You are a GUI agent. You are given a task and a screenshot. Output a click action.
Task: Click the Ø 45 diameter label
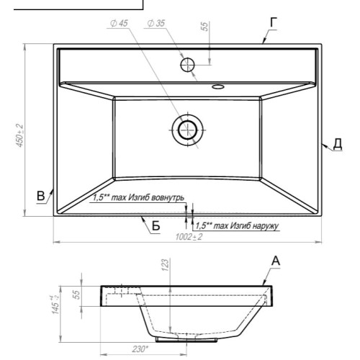tap(119, 23)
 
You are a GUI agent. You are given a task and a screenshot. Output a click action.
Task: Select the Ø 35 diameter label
tap(156, 23)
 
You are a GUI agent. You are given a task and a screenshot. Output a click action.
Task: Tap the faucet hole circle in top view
tap(187, 65)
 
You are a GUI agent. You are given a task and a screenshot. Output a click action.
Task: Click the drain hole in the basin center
tap(187, 130)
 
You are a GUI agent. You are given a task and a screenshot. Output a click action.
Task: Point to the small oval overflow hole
tap(218, 86)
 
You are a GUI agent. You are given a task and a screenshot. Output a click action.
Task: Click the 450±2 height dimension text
tap(19, 135)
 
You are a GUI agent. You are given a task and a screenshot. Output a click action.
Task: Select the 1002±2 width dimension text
tap(189, 237)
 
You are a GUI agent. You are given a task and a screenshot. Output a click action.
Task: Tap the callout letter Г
tap(274, 22)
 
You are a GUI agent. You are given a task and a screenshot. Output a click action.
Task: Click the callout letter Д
tap(338, 144)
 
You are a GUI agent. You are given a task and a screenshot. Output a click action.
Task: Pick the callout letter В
tap(41, 196)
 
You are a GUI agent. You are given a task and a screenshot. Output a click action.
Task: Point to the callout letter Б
tap(156, 225)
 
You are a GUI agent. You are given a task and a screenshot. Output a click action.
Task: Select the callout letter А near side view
tap(276, 261)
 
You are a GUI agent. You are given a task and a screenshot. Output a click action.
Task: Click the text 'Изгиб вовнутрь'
tap(156, 197)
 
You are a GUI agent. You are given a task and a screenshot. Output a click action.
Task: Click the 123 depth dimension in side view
tap(166, 265)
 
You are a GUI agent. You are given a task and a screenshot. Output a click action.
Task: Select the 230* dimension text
tap(140, 349)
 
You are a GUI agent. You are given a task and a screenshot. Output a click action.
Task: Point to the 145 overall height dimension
tap(55, 305)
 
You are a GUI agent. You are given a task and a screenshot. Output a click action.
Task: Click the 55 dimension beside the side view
tap(76, 294)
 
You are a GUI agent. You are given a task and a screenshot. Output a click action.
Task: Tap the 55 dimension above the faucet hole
tap(204, 27)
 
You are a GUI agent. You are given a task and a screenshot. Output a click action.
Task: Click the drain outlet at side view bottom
tap(186, 340)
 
